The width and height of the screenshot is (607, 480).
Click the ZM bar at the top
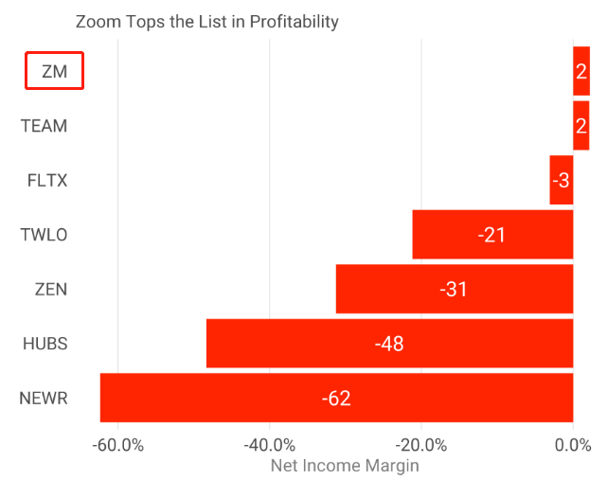(580, 71)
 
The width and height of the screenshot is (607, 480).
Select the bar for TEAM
(580, 125)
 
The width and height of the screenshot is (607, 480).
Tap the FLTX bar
(562, 180)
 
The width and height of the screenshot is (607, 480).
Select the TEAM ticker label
(45, 126)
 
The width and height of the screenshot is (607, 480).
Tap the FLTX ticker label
(47, 181)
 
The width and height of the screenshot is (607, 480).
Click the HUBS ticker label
(45, 344)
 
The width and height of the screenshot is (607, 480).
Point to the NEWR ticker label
(44, 399)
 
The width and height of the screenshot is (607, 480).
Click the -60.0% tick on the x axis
(118, 444)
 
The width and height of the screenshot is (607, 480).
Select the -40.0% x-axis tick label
(270, 444)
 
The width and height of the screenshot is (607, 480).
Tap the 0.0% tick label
(573, 444)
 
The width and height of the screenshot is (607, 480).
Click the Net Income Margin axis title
(345, 465)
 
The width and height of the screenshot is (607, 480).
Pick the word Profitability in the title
(294, 21)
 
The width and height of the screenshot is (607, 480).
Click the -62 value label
(336, 398)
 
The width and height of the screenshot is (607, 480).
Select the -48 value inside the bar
(389, 343)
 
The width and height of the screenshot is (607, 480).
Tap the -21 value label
(492, 234)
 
